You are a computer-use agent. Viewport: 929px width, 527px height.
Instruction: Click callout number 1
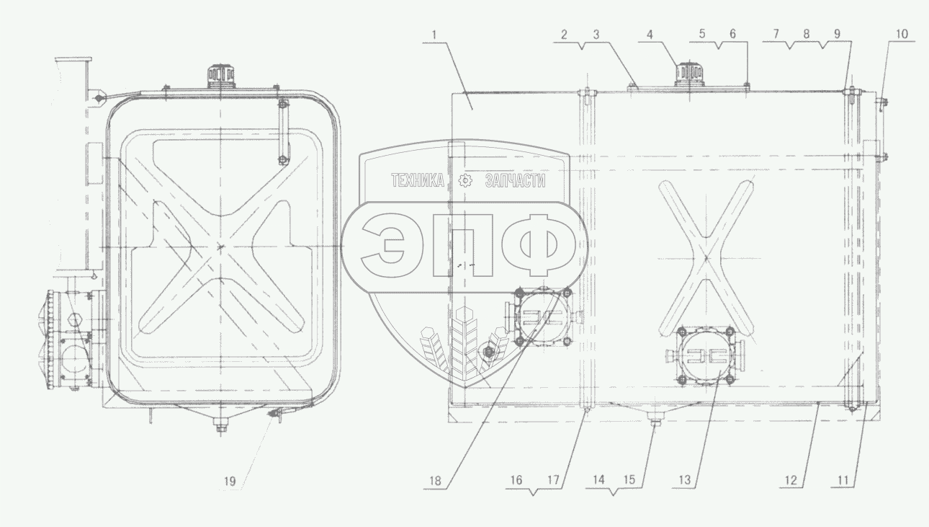coord(434,35)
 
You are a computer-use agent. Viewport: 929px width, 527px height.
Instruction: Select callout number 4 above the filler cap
coord(650,35)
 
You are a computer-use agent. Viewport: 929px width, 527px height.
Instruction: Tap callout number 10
coord(902,34)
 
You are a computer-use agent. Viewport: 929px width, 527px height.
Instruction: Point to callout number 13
coord(685,480)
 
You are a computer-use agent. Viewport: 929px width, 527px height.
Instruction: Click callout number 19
coord(230,481)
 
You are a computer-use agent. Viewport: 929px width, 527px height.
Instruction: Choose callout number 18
coord(435,481)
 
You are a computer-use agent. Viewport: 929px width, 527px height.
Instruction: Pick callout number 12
coord(791,480)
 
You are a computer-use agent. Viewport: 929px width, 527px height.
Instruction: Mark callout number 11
coord(843,480)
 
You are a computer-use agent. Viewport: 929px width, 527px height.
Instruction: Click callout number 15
coord(629,479)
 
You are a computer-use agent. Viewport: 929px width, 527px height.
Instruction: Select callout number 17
coord(554,480)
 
